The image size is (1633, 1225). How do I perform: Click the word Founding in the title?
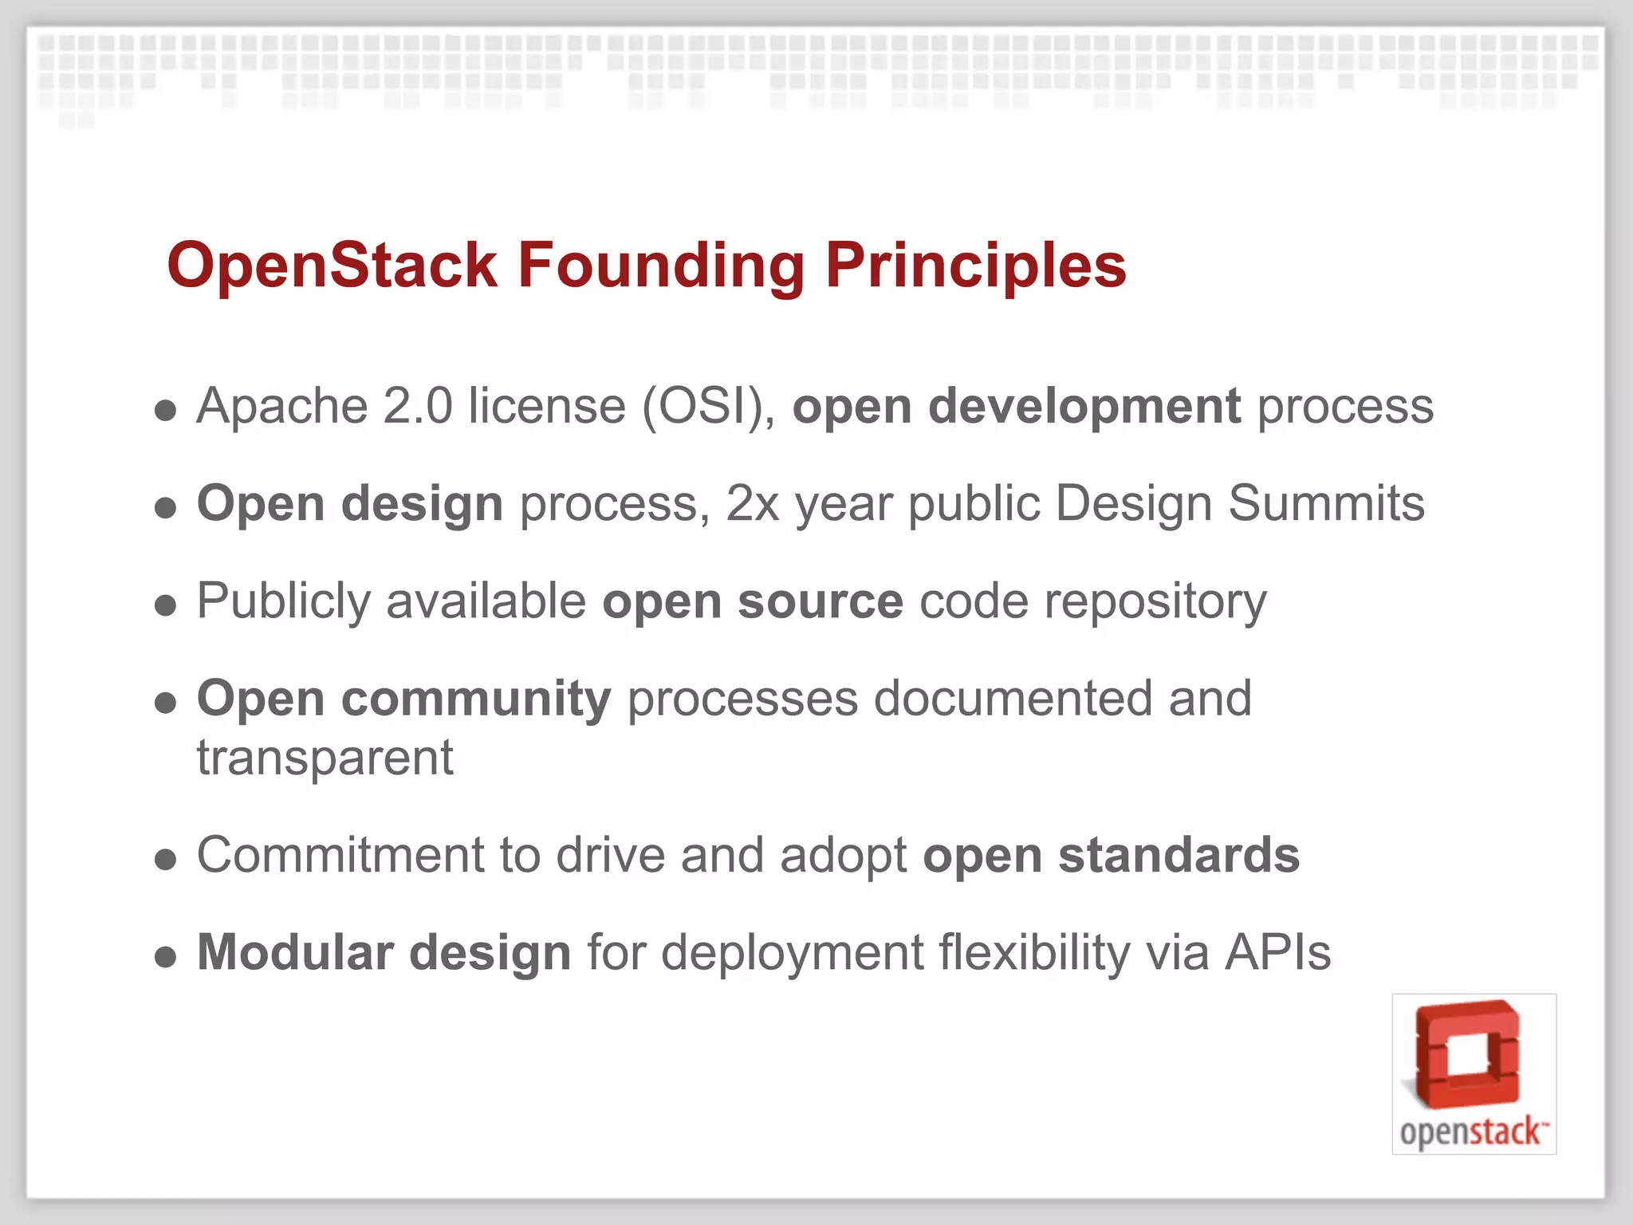(661, 265)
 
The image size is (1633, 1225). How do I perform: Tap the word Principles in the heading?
(975, 265)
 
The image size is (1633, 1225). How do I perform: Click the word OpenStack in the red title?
(333, 265)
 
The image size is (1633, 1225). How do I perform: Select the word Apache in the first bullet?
(281, 407)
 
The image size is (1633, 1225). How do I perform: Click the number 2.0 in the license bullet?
(417, 407)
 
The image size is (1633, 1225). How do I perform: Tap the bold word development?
(1084, 407)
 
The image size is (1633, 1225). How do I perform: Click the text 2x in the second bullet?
(752, 504)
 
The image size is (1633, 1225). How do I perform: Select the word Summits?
(1326, 504)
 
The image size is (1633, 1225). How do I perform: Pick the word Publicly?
(283, 601)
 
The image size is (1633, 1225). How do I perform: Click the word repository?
(1155, 603)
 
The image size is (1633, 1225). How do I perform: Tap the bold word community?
(476, 699)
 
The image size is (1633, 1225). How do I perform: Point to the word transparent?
(325, 758)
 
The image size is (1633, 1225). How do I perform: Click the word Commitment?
(340, 856)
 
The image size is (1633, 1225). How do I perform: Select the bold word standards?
(1179, 856)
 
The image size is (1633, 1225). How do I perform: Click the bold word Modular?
(295, 952)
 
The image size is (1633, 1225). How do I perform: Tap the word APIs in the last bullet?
(1278, 952)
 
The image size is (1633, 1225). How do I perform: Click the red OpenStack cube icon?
(1468, 1054)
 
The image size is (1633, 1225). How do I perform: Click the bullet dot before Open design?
(165, 508)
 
